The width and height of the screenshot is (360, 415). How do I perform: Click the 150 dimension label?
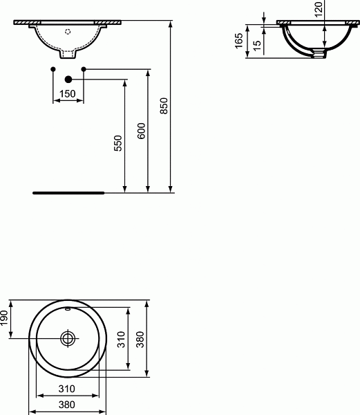[x=67, y=94]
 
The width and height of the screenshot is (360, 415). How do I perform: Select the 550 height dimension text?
[x=118, y=143]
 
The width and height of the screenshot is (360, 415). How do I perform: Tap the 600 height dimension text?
[x=141, y=133]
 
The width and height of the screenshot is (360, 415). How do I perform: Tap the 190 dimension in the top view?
[x=4, y=320]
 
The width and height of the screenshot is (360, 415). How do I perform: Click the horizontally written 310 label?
[x=66, y=389]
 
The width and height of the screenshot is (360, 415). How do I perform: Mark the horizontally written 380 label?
[x=66, y=405]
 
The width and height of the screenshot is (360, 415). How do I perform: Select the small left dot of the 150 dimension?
[x=53, y=68]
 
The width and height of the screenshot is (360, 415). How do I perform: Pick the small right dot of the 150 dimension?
[x=83, y=68]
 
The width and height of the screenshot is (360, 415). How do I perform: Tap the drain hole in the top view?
[x=68, y=338]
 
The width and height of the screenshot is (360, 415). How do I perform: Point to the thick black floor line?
[x=68, y=193]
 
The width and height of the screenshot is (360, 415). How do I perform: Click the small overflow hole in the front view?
[x=68, y=31]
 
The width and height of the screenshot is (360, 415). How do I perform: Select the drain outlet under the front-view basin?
[x=68, y=54]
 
